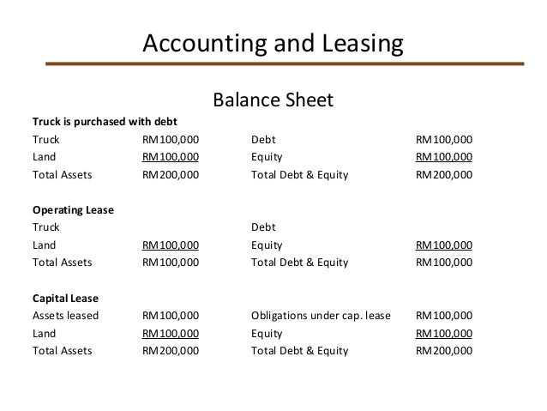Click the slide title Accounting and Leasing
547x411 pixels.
coord(273,42)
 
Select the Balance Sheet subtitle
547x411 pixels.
coord(273,102)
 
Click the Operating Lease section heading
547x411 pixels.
coord(73,209)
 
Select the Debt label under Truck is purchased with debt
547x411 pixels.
coord(263,139)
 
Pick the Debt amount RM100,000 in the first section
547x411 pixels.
coord(444,139)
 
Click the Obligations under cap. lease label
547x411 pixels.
coord(321,316)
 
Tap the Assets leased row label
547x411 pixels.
coord(65,316)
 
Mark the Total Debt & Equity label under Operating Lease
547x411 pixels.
coord(300,263)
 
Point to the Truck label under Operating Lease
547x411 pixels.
coord(46,227)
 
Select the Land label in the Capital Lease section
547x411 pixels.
coord(45,333)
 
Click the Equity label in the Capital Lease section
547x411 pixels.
coord(267,333)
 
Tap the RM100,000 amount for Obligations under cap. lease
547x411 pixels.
coord(444,316)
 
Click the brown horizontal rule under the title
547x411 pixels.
coord(283,63)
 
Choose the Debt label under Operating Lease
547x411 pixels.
coord(263,227)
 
